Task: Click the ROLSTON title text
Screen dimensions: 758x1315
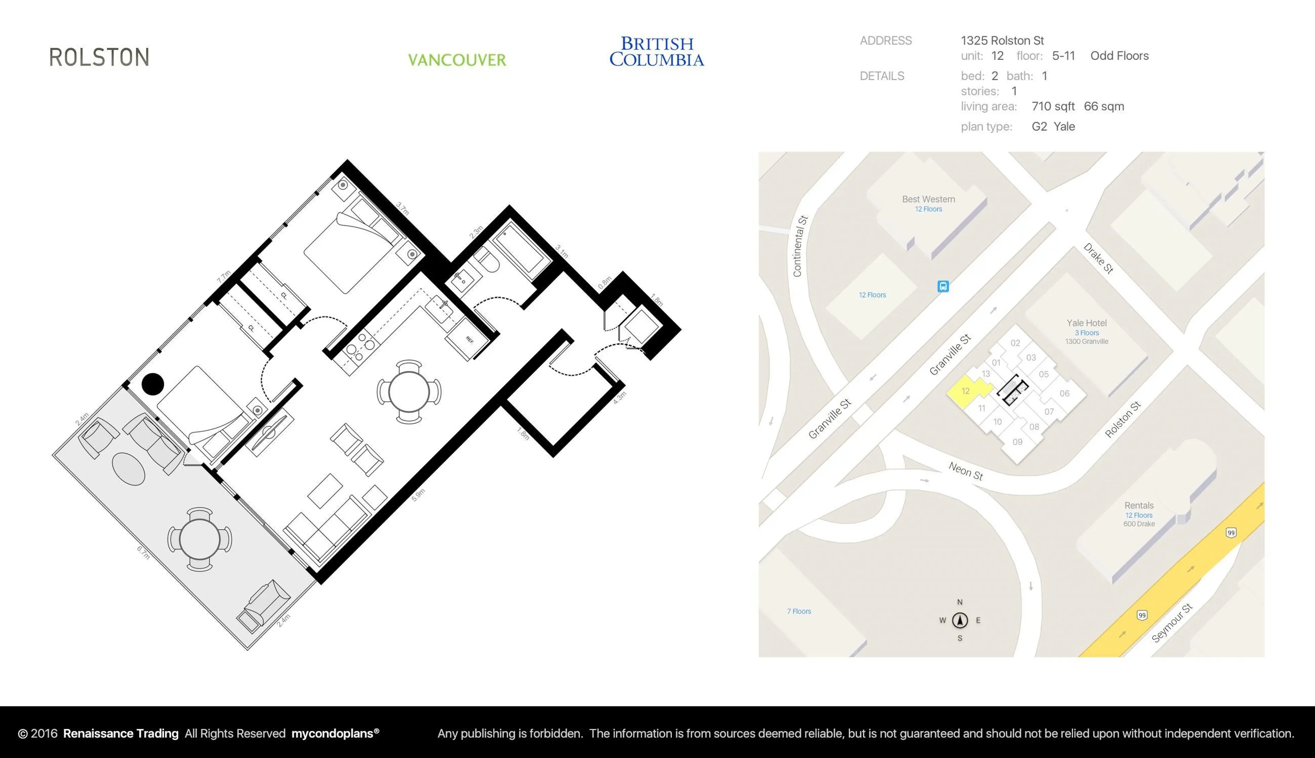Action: [x=99, y=57]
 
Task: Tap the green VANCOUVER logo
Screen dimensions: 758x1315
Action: [x=457, y=60]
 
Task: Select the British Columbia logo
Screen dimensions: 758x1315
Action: [x=657, y=52]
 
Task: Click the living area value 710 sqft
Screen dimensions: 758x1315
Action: [x=1053, y=106]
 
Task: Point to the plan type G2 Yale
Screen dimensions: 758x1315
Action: [x=1053, y=127]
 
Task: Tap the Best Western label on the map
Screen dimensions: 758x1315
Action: [x=928, y=199]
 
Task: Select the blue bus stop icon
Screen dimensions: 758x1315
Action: [x=943, y=286]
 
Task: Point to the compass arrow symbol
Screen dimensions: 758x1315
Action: [x=960, y=620]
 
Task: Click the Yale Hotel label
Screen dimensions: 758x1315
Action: [x=1086, y=323]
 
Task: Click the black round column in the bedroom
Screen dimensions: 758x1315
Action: [x=153, y=384]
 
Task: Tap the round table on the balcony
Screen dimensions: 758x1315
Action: [x=199, y=539]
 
